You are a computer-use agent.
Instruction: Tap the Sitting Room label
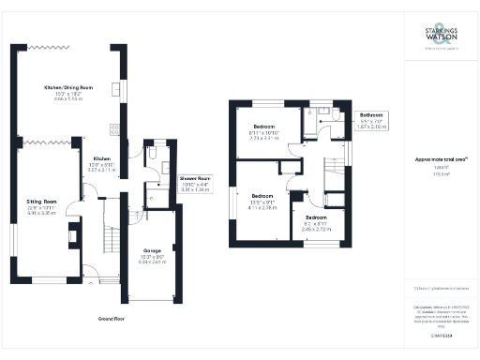click(x=41, y=201)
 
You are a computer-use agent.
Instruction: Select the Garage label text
click(x=152, y=250)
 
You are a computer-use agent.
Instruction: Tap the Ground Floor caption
click(x=112, y=319)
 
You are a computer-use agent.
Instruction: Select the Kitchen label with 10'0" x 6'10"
click(x=101, y=165)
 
